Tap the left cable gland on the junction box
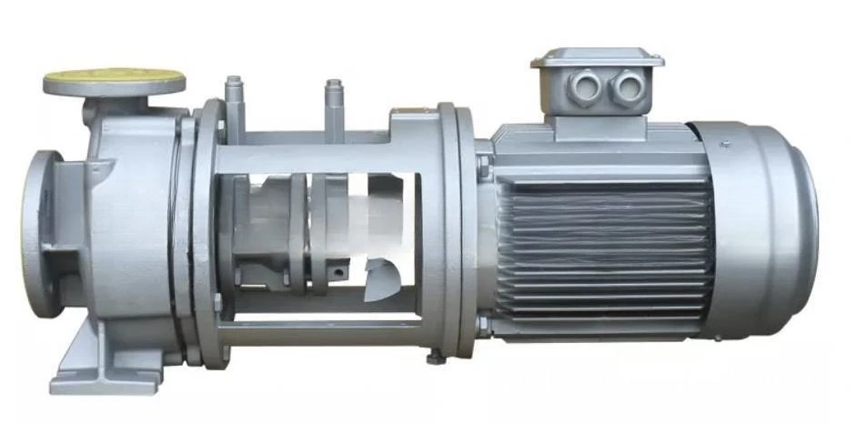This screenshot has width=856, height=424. (584, 88)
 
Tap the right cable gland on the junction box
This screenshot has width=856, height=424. (626, 87)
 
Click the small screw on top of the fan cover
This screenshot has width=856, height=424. (724, 144)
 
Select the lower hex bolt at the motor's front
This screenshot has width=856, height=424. (483, 323)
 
